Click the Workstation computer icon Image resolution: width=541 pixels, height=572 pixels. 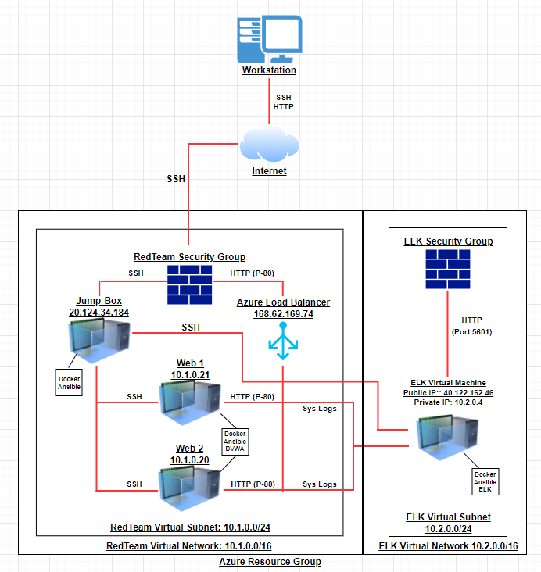[x=269, y=39]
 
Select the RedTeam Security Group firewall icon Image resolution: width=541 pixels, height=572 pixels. [x=190, y=284]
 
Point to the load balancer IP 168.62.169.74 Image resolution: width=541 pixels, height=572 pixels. [x=283, y=314]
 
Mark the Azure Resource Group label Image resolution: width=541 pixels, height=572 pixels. [x=270, y=562]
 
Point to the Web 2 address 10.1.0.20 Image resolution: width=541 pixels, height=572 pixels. [x=189, y=460]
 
